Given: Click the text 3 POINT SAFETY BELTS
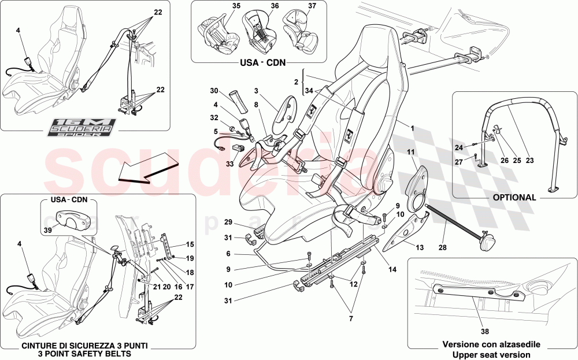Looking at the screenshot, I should coord(84,353).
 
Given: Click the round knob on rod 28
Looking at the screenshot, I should coord(485,243).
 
